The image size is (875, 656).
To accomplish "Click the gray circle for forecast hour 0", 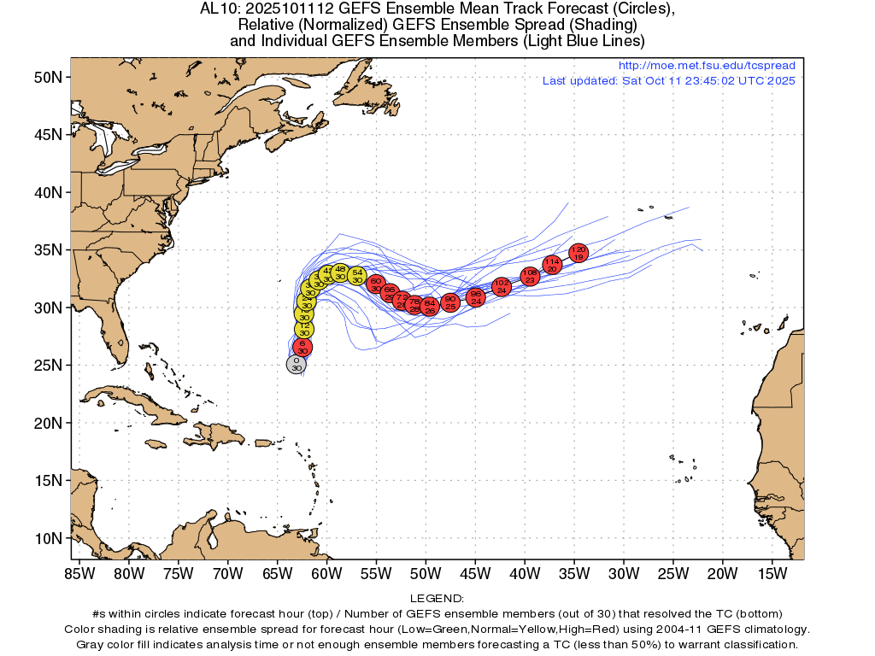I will click(x=296, y=365).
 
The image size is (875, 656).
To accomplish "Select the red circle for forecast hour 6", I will click(x=302, y=347).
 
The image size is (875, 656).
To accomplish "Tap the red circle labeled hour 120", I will click(x=578, y=253).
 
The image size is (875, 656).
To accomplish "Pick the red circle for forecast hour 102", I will click(x=502, y=286).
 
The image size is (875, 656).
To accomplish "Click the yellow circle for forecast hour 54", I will click(x=357, y=276).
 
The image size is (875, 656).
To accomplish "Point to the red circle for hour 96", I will click(x=477, y=297).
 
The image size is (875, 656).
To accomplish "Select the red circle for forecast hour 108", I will click(x=530, y=276).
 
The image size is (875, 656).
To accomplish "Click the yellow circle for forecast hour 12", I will click(x=304, y=329).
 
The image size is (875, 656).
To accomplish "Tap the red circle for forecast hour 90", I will click(x=450, y=302).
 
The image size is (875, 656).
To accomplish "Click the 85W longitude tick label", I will click(x=79, y=573).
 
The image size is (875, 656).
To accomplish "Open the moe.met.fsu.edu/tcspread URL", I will click(x=706, y=66).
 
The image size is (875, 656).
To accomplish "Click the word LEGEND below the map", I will click(x=437, y=599).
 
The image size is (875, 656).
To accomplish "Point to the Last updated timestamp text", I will click(x=668, y=81).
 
